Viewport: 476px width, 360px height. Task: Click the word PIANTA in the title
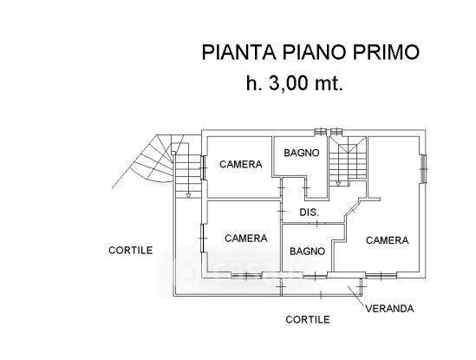(x=239, y=52)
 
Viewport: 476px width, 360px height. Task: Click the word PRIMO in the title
(x=386, y=52)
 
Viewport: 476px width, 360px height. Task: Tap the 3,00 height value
(x=289, y=83)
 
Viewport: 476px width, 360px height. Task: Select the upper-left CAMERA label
(x=241, y=164)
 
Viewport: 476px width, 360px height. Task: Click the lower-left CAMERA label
(x=246, y=239)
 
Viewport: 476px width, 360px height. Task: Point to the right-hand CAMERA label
(x=387, y=240)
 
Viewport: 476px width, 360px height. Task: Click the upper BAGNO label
(x=302, y=153)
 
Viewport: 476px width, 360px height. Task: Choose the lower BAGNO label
(x=307, y=252)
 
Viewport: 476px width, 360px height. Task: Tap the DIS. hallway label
(x=310, y=213)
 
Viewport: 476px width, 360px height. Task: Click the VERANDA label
(x=389, y=309)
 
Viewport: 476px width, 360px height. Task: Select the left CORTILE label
(x=131, y=251)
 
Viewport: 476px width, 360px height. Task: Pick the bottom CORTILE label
(x=308, y=319)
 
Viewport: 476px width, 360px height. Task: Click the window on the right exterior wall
(x=423, y=169)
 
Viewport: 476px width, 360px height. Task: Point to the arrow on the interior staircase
(x=338, y=183)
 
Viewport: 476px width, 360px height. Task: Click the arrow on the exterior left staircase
(x=188, y=195)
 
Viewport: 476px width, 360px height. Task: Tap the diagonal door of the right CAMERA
(x=352, y=209)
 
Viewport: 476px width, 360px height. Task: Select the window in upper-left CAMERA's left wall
(x=204, y=167)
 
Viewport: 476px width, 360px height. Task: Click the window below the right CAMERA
(x=381, y=276)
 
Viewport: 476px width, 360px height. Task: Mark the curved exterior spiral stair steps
(x=149, y=161)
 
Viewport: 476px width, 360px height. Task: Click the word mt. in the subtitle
(x=329, y=84)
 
